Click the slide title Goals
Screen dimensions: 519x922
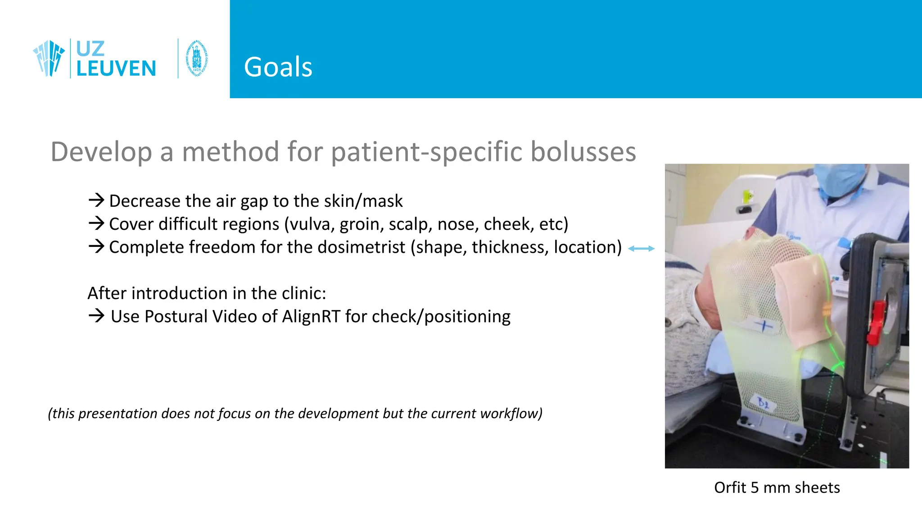[278, 67]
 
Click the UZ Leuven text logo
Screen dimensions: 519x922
[116, 59]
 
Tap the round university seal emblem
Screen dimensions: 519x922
[197, 59]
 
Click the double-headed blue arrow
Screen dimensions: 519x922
[641, 248]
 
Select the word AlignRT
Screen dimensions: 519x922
[311, 317]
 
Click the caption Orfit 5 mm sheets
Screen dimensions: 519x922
[777, 487]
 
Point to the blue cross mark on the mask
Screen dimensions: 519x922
[763, 325]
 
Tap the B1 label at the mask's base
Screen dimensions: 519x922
[763, 402]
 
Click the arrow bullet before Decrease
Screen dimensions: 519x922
[96, 200]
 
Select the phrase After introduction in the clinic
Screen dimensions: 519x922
[207, 293]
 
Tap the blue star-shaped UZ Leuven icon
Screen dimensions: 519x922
[49, 59]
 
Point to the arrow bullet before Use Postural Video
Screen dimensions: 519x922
[96, 316]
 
